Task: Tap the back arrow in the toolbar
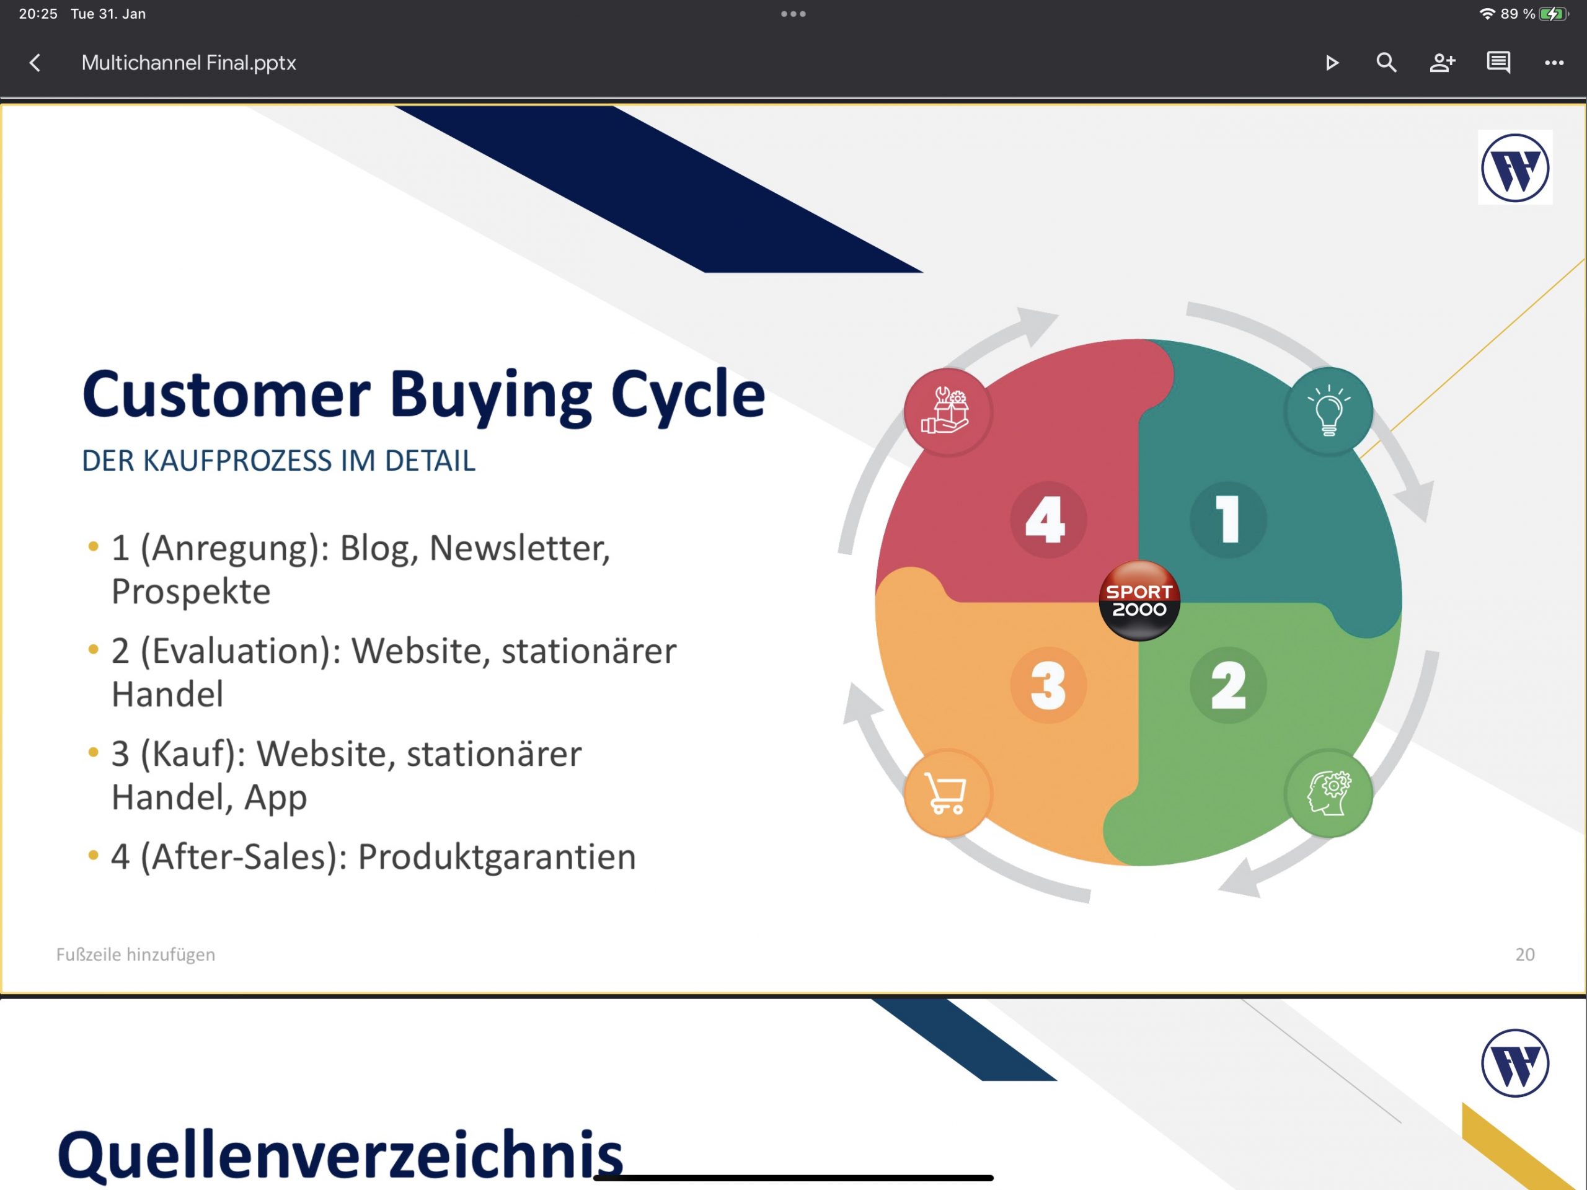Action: (x=35, y=63)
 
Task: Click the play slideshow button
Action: (x=1332, y=63)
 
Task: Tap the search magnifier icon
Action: (x=1386, y=63)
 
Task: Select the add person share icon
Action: (x=1442, y=63)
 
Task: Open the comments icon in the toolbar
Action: (x=1498, y=63)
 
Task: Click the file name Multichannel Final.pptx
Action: (x=188, y=63)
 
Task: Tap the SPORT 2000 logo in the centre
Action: (x=1139, y=600)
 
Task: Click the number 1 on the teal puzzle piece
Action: (x=1228, y=519)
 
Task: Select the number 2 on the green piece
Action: (x=1228, y=685)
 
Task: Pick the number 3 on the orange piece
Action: (x=1048, y=685)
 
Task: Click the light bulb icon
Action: (x=1328, y=411)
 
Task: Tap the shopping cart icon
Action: (x=948, y=794)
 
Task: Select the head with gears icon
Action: (x=1328, y=794)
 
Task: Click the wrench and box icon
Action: (x=948, y=411)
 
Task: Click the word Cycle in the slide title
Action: (x=687, y=396)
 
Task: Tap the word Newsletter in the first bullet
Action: (x=519, y=549)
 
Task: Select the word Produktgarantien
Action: (x=497, y=857)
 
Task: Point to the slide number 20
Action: (x=1524, y=954)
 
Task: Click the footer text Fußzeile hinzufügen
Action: (x=136, y=954)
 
